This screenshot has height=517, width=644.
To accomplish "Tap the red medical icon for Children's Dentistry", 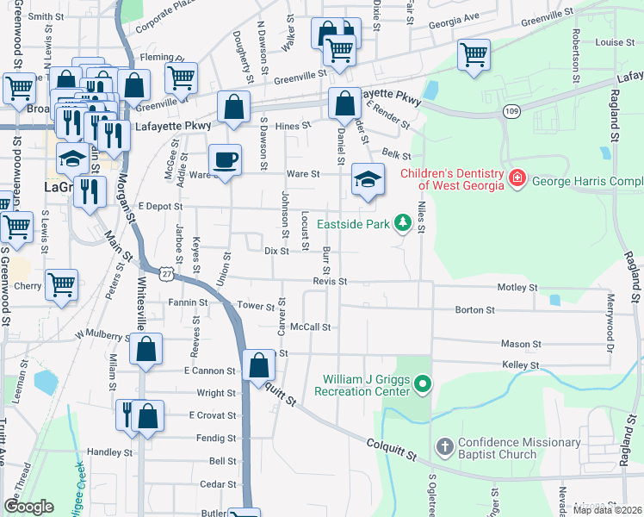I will click(x=517, y=179).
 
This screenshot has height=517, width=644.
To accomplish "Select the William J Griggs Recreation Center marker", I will click(x=421, y=383).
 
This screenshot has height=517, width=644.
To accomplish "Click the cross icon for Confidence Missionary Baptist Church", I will click(x=444, y=446).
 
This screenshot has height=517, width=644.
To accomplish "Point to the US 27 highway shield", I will click(x=166, y=273).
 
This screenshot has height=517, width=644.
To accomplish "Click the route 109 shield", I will click(x=513, y=111).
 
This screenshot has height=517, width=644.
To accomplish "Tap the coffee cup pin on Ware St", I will click(x=226, y=160).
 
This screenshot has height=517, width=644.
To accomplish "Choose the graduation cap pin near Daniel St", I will click(x=368, y=180).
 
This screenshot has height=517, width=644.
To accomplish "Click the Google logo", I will click(x=28, y=506).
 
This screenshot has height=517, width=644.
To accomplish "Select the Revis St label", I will click(x=330, y=281).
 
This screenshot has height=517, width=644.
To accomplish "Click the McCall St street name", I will click(x=311, y=327).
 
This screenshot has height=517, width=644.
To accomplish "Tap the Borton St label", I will click(x=475, y=309).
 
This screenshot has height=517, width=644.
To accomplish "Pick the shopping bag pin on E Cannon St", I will click(x=259, y=365).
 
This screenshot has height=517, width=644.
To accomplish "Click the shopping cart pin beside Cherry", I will click(x=61, y=284).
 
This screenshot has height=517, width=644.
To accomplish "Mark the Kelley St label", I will click(x=520, y=365).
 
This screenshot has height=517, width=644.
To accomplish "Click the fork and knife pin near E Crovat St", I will click(x=127, y=413).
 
